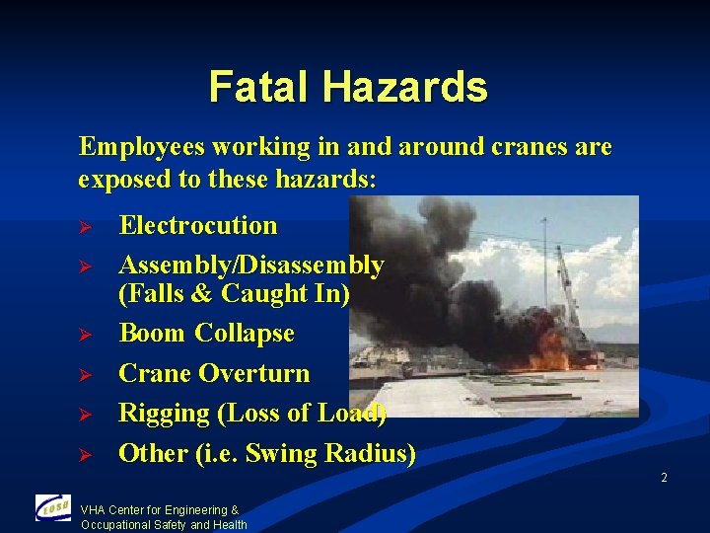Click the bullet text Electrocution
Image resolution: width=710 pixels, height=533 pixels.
pos(198,225)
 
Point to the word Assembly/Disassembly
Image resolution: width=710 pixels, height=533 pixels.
pos(251,265)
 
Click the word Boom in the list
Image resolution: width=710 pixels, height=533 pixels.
pos(153,334)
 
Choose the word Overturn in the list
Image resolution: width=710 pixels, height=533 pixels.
pos(253,373)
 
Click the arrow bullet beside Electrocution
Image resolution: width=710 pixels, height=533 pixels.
pos(85,227)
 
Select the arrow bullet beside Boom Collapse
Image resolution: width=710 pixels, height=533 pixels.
pos(85,336)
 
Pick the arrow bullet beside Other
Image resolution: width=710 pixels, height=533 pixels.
pos(85,455)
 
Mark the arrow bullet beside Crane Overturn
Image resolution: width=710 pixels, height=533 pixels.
pos(85,375)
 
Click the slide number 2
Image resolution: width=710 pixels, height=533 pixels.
pos(664,478)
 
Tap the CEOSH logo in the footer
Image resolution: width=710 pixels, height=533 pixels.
pos(52,507)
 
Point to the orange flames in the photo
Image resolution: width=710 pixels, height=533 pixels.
pos(548,346)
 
